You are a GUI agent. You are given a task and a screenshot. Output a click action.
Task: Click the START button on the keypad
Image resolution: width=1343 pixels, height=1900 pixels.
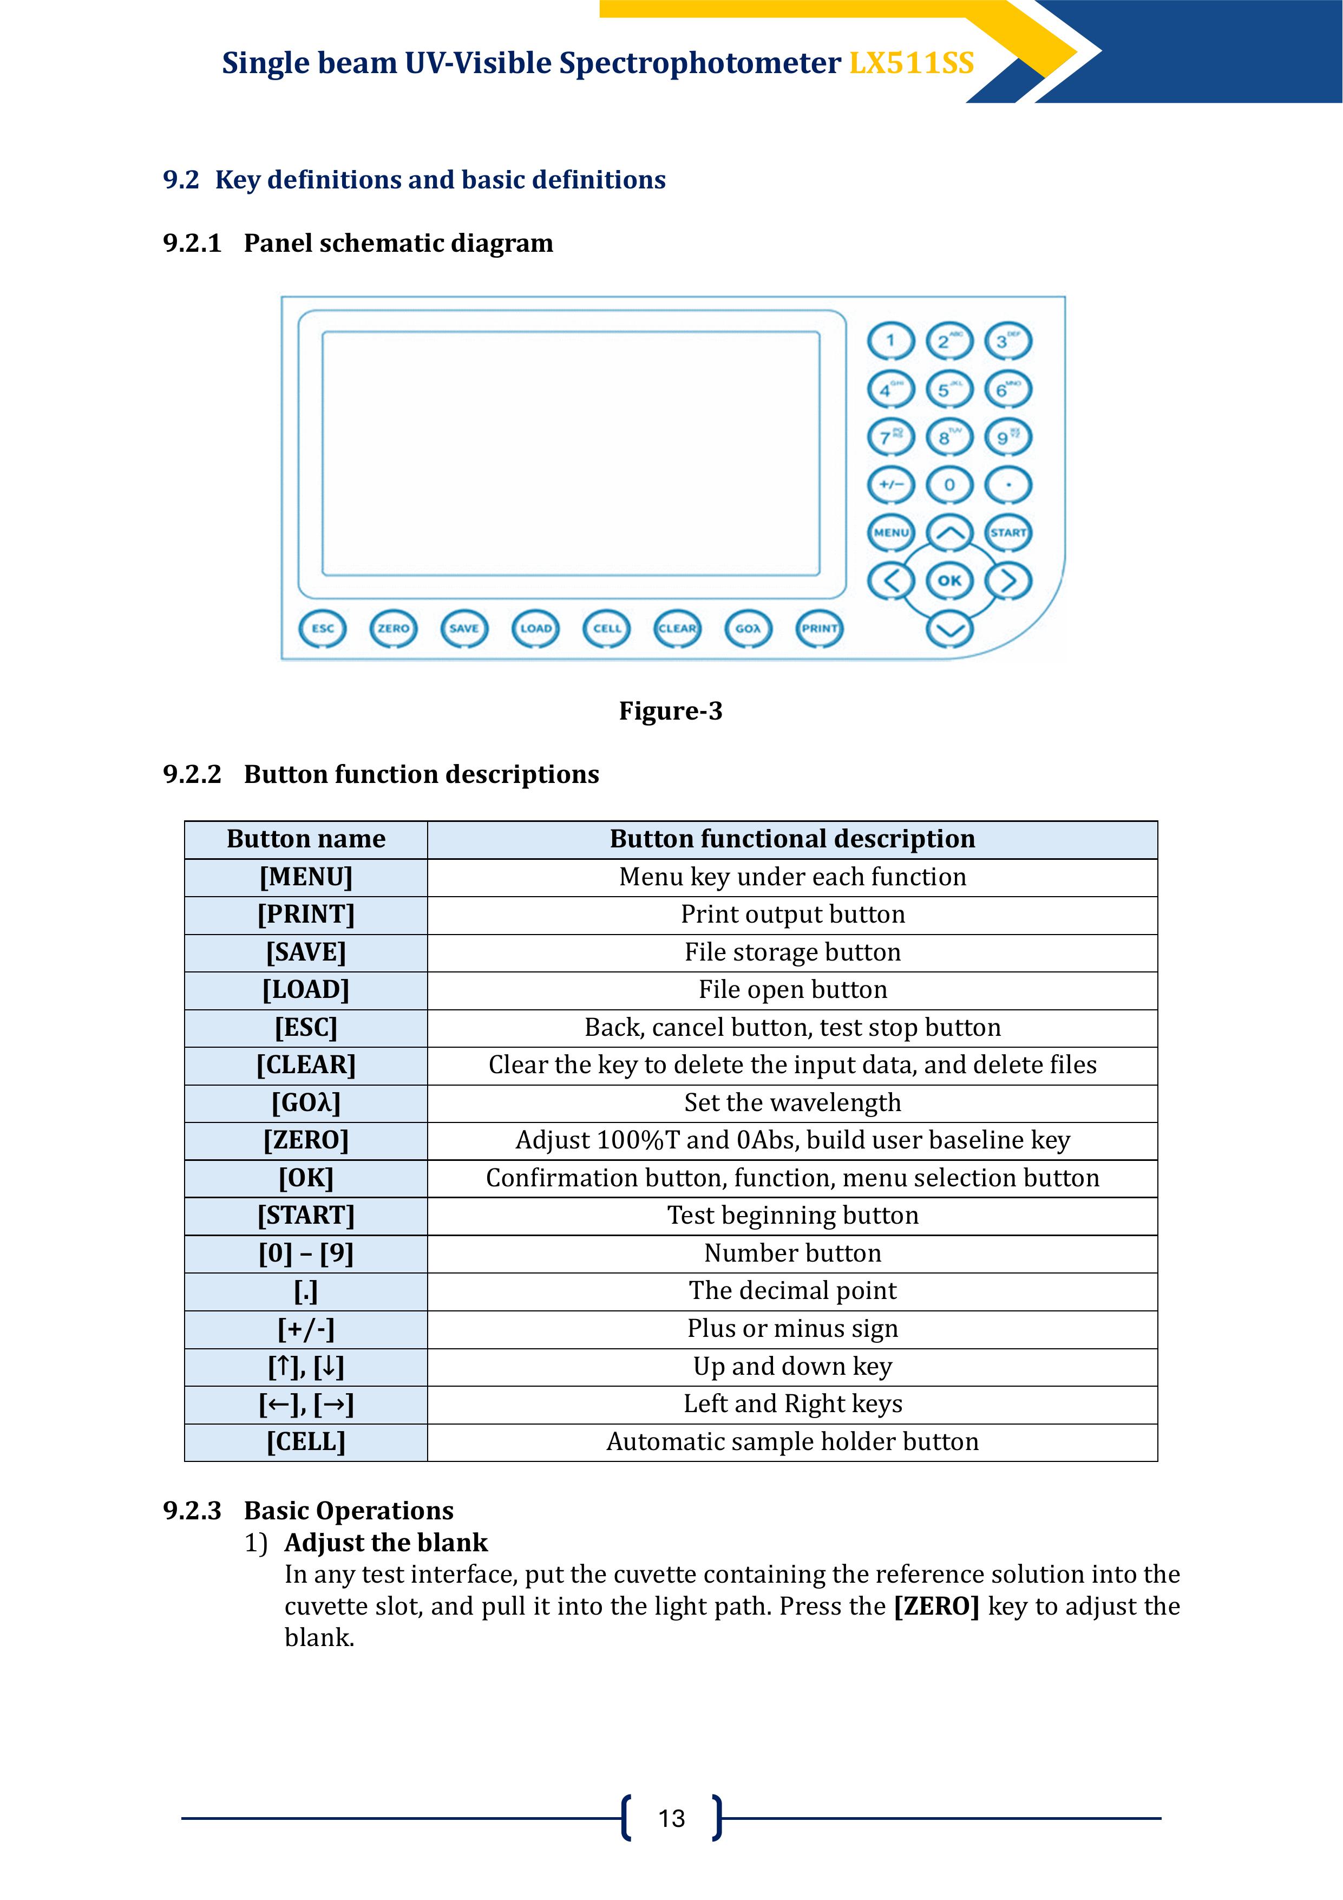[x=1008, y=532]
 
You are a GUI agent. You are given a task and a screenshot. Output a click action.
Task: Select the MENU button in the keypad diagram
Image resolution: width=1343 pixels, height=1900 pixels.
[x=891, y=532]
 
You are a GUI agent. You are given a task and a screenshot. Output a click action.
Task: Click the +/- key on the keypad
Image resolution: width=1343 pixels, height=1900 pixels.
[x=891, y=485]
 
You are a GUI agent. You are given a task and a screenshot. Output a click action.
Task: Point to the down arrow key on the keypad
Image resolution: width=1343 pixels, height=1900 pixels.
[x=949, y=629]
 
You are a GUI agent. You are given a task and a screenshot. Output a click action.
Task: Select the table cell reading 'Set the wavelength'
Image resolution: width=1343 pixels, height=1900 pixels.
[x=792, y=1102]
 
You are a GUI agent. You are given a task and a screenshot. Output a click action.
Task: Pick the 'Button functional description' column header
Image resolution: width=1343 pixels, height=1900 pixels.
[x=792, y=839]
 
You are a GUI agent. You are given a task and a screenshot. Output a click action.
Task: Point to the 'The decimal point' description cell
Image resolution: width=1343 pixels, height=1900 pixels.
[x=792, y=1291]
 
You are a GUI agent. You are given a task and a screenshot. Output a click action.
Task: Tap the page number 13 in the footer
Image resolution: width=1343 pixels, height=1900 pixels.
[x=671, y=1818]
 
